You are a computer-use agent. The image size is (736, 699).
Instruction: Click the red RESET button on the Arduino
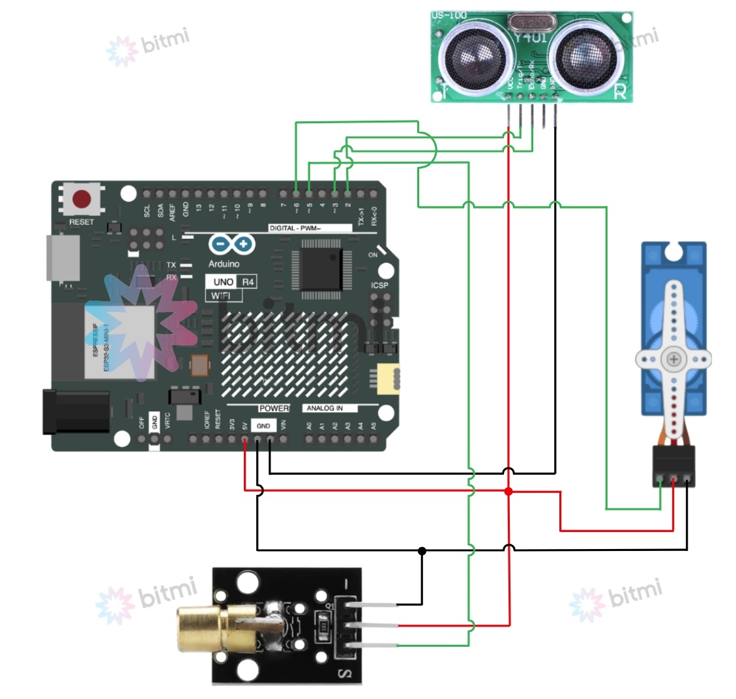click(81, 199)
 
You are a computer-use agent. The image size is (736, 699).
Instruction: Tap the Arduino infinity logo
click(232, 245)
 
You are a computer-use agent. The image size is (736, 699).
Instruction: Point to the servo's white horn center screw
click(673, 359)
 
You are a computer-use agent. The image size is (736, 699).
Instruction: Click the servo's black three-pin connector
click(674, 466)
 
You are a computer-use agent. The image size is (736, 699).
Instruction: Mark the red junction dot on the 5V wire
click(508, 491)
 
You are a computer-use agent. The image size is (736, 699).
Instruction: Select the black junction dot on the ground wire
click(422, 551)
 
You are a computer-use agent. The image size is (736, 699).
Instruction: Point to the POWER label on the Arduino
click(274, 408)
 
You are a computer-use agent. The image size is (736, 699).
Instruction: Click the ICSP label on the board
click(379, 286)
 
